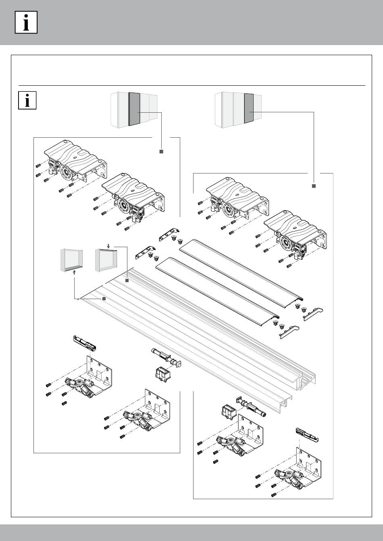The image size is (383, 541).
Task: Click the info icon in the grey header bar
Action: (x=26, y=22)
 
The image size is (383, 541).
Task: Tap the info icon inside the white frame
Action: (x=27, y=100)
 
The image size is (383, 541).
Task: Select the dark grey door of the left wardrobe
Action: (x=134, y=109)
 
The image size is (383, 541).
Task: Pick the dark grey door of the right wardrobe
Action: (x=249, y=108)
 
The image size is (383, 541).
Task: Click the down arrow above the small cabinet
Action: (x=108, y=245)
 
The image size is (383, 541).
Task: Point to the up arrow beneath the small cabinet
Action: (x=75, y=272)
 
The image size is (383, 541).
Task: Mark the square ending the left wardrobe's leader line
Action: (x=160, y=151)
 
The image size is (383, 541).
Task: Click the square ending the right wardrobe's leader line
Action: (x=314, y=186)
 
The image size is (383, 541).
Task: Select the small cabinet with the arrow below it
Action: (x=71, y=260)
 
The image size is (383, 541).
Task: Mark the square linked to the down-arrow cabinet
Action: (x=126, y=280)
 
